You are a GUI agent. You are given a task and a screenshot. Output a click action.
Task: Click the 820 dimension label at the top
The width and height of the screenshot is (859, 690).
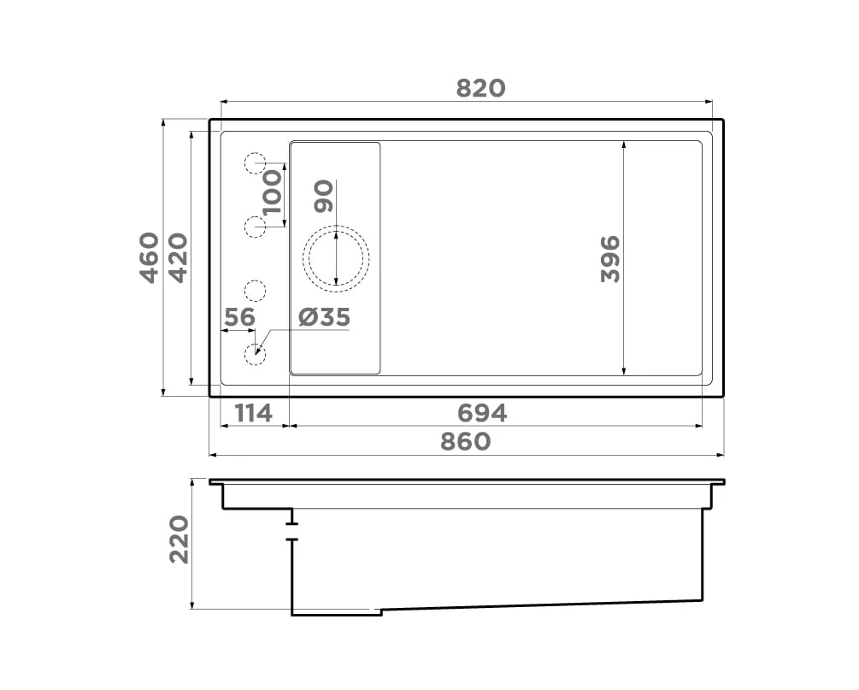pos(480,88)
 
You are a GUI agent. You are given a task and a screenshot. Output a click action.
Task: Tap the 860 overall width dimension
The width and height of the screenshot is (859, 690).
pos(465,441)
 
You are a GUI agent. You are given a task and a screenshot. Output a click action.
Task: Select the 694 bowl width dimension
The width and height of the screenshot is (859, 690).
pos(482,413)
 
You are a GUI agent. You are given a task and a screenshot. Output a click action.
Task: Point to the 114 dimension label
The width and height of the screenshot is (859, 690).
pos(254,413)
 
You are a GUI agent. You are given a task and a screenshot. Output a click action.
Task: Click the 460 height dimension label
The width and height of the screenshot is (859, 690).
pos(150,257)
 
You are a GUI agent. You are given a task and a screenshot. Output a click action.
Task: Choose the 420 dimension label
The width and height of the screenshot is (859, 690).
pos(179,257)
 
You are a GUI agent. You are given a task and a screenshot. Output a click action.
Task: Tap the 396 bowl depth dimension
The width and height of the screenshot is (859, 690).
pos(610,259)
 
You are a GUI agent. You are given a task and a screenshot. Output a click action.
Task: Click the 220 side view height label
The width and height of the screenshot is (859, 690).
pos(179,540)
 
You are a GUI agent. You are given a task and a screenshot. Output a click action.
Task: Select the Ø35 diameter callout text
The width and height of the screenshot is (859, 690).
pos(324,317)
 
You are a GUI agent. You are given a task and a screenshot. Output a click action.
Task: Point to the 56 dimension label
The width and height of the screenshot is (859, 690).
pos(240,317)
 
